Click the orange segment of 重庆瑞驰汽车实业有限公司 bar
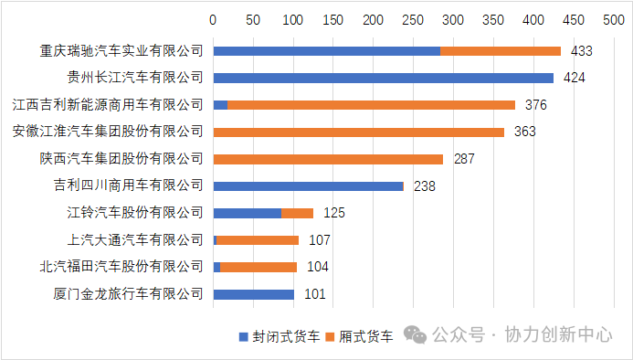[x=500, y=51]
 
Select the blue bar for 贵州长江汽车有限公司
[x=383, y=78]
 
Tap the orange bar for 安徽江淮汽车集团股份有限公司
[x=359, y=132]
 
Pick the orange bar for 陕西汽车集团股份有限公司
[x=328, y=159]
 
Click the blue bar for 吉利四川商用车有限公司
[x=308, y=185]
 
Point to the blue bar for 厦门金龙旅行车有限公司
[x=253, y=294]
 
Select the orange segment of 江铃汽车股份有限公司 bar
[x=297, y=213]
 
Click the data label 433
[x=582, y=51]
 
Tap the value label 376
[x=535, y=105]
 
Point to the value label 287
[x=464, y=159]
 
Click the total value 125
[x=334, y=213]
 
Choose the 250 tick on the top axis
[x=413, y=19]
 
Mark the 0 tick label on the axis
[x=213, y=19]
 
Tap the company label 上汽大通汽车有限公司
[x=135, y=240]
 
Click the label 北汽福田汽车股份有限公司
[x=121, y=267]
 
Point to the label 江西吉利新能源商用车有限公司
[x=108, y=105]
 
